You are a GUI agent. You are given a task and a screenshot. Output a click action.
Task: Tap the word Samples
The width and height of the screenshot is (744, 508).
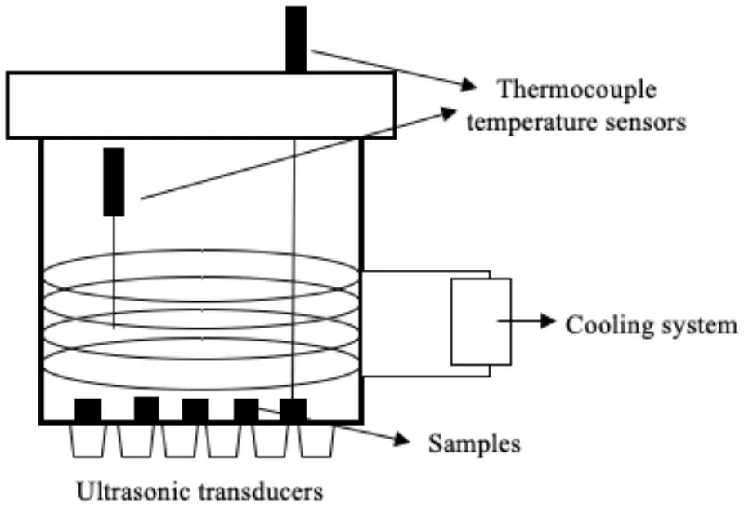(474, 444)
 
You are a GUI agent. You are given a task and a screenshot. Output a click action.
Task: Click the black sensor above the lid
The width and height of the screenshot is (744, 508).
(296, 39)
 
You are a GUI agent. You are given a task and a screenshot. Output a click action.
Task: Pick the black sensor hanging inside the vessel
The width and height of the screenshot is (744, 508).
(114, 181)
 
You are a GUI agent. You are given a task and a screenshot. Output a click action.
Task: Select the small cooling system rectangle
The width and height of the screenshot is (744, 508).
(481, 321)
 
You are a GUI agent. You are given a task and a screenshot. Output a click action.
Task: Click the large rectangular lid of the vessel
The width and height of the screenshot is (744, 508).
(201, 105)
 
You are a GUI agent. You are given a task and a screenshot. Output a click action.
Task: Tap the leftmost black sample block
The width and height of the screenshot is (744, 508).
(87, 409)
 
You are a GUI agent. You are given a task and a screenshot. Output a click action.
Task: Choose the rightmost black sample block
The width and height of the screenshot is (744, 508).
(293, 409)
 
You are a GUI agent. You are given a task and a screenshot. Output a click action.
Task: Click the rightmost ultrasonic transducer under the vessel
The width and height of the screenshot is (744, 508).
(316, 441)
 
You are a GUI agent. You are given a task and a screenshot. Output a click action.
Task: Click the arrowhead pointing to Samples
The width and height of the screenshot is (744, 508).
(401, 440)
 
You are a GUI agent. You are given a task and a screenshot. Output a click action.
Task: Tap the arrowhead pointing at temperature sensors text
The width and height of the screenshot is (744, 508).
(452, 112)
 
